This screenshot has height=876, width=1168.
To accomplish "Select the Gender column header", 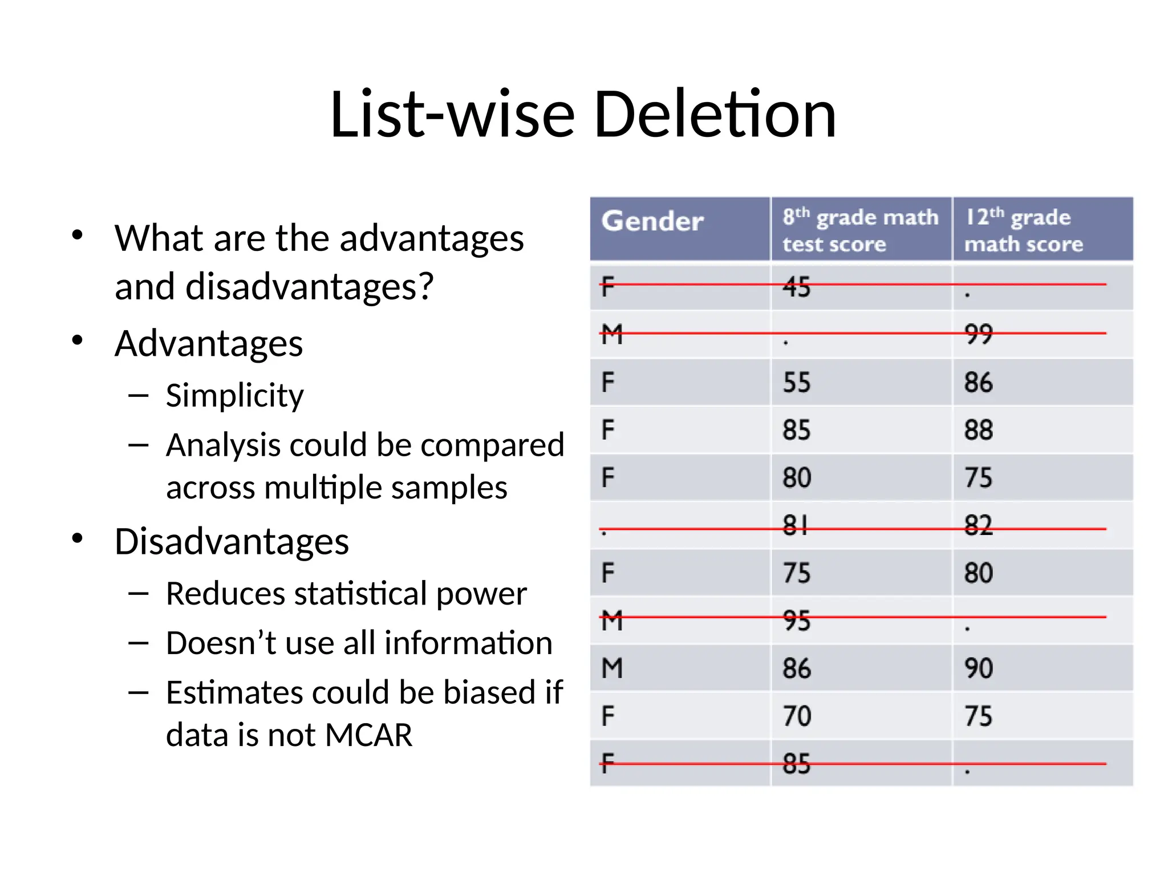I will [652, 221].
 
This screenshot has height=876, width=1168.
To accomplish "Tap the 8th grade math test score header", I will [860, 230].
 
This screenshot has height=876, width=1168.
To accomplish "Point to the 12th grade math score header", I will [1023, 230].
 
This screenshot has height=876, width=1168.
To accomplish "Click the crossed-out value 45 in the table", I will [796, 287].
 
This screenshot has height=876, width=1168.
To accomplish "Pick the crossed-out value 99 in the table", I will [979, 334].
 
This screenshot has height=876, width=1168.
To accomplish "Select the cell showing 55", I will [796, 382].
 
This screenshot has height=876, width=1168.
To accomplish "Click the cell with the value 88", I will [979, 430].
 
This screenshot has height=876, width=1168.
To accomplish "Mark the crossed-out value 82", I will [979, 525].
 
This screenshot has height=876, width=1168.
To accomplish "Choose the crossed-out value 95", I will [796, 620].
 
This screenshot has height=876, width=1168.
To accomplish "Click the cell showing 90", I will [979, 668].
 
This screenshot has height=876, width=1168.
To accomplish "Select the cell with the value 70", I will [796, 716].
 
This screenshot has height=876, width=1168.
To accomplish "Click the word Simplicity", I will [235, 396].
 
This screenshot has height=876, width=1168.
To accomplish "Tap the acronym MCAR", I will [368, 735].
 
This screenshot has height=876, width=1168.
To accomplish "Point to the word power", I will [481, 594].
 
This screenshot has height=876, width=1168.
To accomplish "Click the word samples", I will [449, 488].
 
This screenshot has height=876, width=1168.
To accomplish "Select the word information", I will [468, 643].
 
